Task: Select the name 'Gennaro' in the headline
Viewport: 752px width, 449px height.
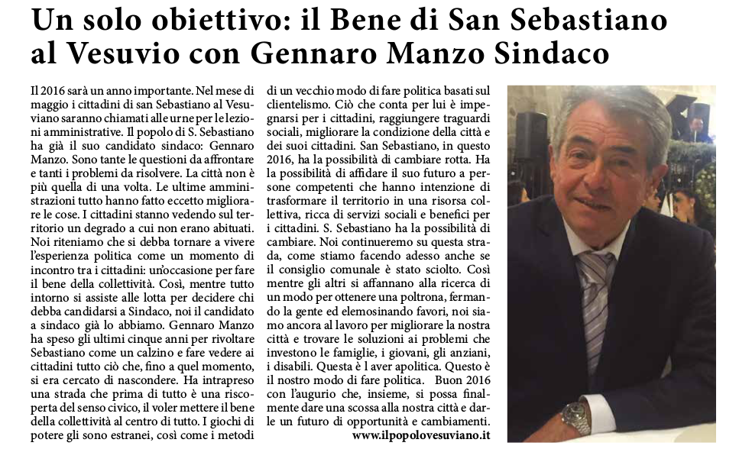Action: [x=326, y=55]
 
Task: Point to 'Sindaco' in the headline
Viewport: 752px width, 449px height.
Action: [x=552, y=55]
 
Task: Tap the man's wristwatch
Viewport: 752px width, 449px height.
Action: [x=575, y=416]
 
